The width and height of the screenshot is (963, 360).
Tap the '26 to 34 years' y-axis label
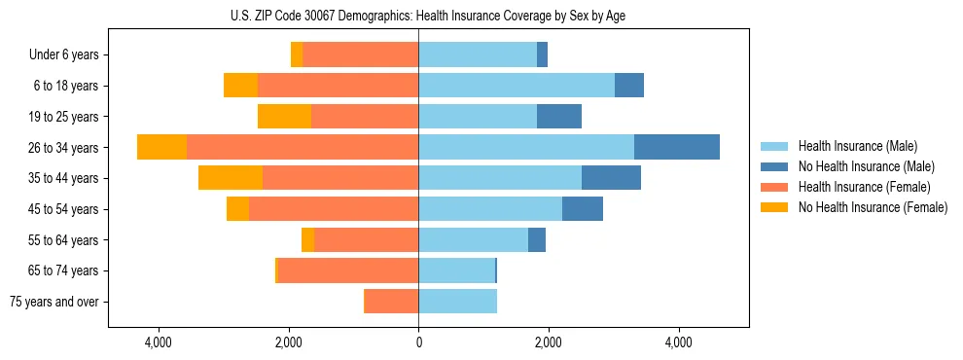(x=63, y=148)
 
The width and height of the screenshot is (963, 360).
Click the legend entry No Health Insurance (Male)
(x=866, y=166)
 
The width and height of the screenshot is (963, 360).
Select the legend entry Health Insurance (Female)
(x=864, y=187)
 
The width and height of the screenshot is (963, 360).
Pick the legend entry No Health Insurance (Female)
(x=873, y=207)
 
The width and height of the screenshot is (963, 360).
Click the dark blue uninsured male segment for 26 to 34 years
(x=677, y=147)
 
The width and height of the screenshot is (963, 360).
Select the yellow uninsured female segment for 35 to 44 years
(x=231, y=178)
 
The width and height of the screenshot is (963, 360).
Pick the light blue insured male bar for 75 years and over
(x=457, y=302)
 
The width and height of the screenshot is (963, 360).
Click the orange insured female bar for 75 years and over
(x=391, y=302)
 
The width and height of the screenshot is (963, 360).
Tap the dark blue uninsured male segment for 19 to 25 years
(x=559, y=117)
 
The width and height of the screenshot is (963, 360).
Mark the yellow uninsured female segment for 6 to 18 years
(x=240, y=86)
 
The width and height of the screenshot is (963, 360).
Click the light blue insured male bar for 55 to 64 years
(x=473, y=240)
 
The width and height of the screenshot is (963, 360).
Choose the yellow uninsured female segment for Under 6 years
(x=297, y=54)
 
